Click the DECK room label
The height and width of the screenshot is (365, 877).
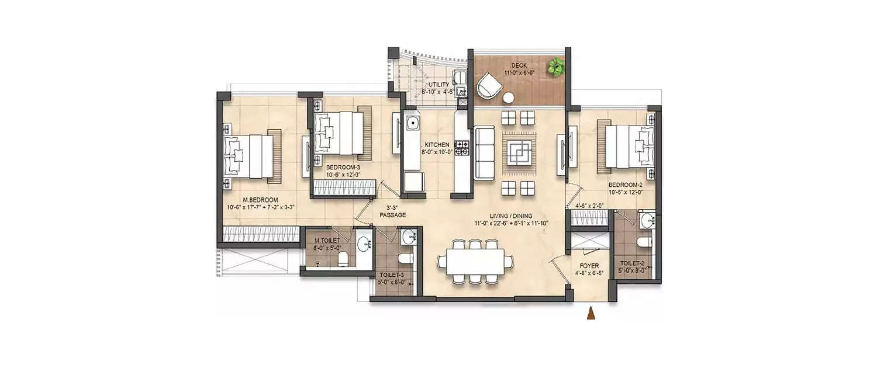tap(519, 65)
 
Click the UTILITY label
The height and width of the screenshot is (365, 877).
tap(438, 85)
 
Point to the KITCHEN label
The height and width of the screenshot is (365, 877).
tap(437, 144)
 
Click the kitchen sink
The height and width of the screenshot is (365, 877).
tap(413, 124)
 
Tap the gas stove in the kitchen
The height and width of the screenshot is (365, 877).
tap(462, 148)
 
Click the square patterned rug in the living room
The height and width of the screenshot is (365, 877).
tap(519, 152)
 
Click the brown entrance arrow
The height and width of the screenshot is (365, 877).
tap(591, 314)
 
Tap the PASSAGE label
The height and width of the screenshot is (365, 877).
tap(392, 215)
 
